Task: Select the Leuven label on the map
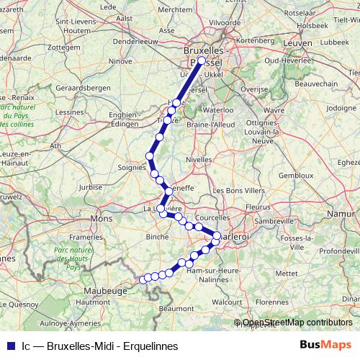298,44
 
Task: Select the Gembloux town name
296,175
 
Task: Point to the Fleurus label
258,206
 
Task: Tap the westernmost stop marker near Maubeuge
143,279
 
